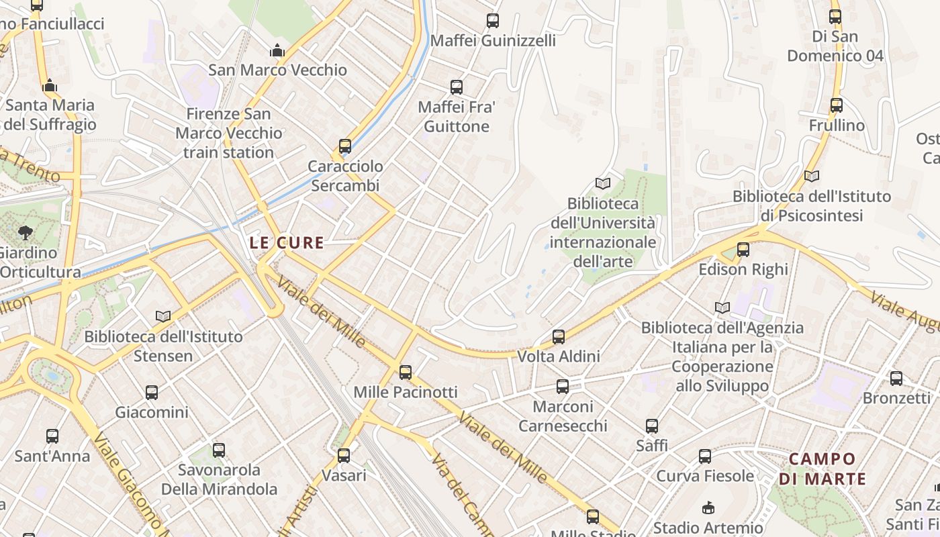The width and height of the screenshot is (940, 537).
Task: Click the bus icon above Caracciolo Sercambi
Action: (x=345, y=146)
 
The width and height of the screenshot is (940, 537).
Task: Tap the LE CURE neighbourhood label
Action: (x=287, y=243)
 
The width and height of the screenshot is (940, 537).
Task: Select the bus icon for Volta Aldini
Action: (x=559, y=336)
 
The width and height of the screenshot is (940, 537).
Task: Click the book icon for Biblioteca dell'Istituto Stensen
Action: (x=163, y=315)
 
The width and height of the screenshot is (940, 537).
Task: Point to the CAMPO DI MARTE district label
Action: (x=817, y=469)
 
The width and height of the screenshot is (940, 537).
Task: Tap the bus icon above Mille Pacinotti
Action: (x=406, y=372)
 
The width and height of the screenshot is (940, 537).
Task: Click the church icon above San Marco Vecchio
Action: (x=277, y=50)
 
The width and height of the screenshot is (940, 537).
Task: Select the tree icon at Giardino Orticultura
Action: (x=26, y=233)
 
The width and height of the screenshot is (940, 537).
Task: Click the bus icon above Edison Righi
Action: (x=743, y=250)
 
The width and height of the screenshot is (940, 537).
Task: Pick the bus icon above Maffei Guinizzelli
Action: (x=493, y=21)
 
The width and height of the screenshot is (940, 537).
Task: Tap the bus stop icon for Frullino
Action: (x=836, y=105)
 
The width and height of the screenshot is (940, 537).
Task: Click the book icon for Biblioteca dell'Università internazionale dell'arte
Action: (x=603, y=183)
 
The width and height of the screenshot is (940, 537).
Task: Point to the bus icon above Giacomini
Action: (x=152, y=392)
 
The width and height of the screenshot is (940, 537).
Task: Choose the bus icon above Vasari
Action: (x=344, y=455)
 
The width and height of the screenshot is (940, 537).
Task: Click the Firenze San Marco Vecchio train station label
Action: (x=229, y=133)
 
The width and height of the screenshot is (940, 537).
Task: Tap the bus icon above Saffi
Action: (x=651, y=426)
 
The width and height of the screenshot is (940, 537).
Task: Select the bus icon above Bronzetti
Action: (x=896, y=378)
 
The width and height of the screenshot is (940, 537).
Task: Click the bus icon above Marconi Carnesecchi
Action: (x=563, y=386)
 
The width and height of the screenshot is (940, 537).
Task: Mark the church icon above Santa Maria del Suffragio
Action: (x=50, y=85)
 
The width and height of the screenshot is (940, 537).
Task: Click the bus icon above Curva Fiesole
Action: (x=705, y=456)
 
